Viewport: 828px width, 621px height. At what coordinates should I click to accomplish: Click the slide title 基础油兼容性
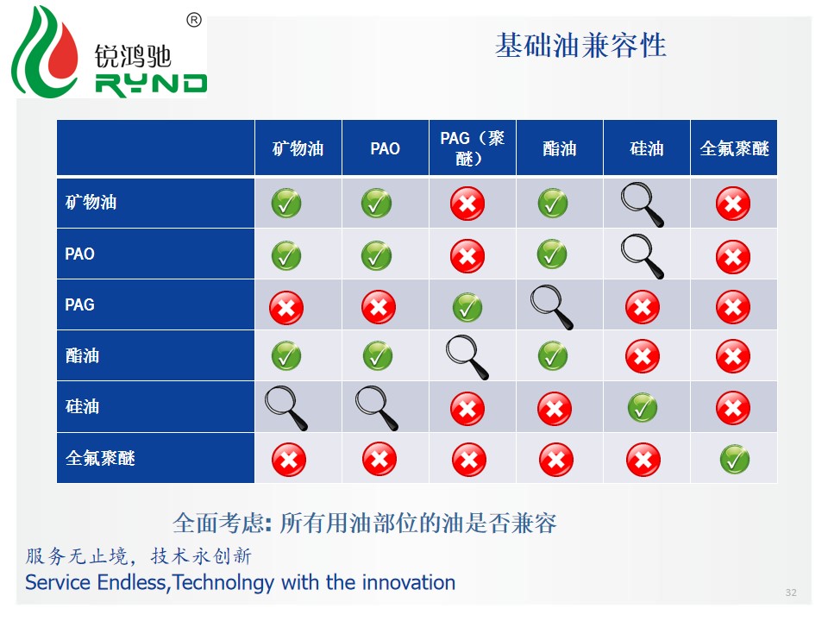pos(580,46)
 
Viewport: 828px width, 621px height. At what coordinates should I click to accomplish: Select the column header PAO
pos(385,148)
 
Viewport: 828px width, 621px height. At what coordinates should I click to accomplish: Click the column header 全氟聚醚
pos(734,148)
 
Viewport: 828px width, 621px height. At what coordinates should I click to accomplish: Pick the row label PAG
pos(79,304)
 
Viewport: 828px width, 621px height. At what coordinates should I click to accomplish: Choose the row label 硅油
pos(83,406)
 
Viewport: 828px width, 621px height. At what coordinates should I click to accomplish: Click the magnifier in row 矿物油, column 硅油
pos(642,204)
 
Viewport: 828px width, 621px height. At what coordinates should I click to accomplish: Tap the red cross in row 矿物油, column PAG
pos(467,204)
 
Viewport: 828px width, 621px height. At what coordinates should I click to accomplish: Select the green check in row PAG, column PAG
pos(467,307)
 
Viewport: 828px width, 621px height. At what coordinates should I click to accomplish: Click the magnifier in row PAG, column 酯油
pos(552,307)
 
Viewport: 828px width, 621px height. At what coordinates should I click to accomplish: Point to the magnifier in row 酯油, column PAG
pos(467,357)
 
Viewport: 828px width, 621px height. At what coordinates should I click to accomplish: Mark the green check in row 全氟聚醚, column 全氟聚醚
pos(735,460)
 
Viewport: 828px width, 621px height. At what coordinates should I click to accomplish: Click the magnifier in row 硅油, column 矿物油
pos(286,408)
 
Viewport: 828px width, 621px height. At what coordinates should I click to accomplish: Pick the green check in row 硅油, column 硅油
pos(643,408)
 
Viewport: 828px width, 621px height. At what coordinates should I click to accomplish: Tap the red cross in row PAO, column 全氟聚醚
pos(733,257)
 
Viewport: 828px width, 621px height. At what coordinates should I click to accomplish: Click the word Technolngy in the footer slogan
pos(223,583)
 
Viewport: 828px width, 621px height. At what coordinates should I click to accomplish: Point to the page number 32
pos(791,593)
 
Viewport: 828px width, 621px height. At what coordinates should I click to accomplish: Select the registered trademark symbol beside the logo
pos(194,20)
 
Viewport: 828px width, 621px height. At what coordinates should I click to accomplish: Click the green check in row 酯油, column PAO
pos(378,356)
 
